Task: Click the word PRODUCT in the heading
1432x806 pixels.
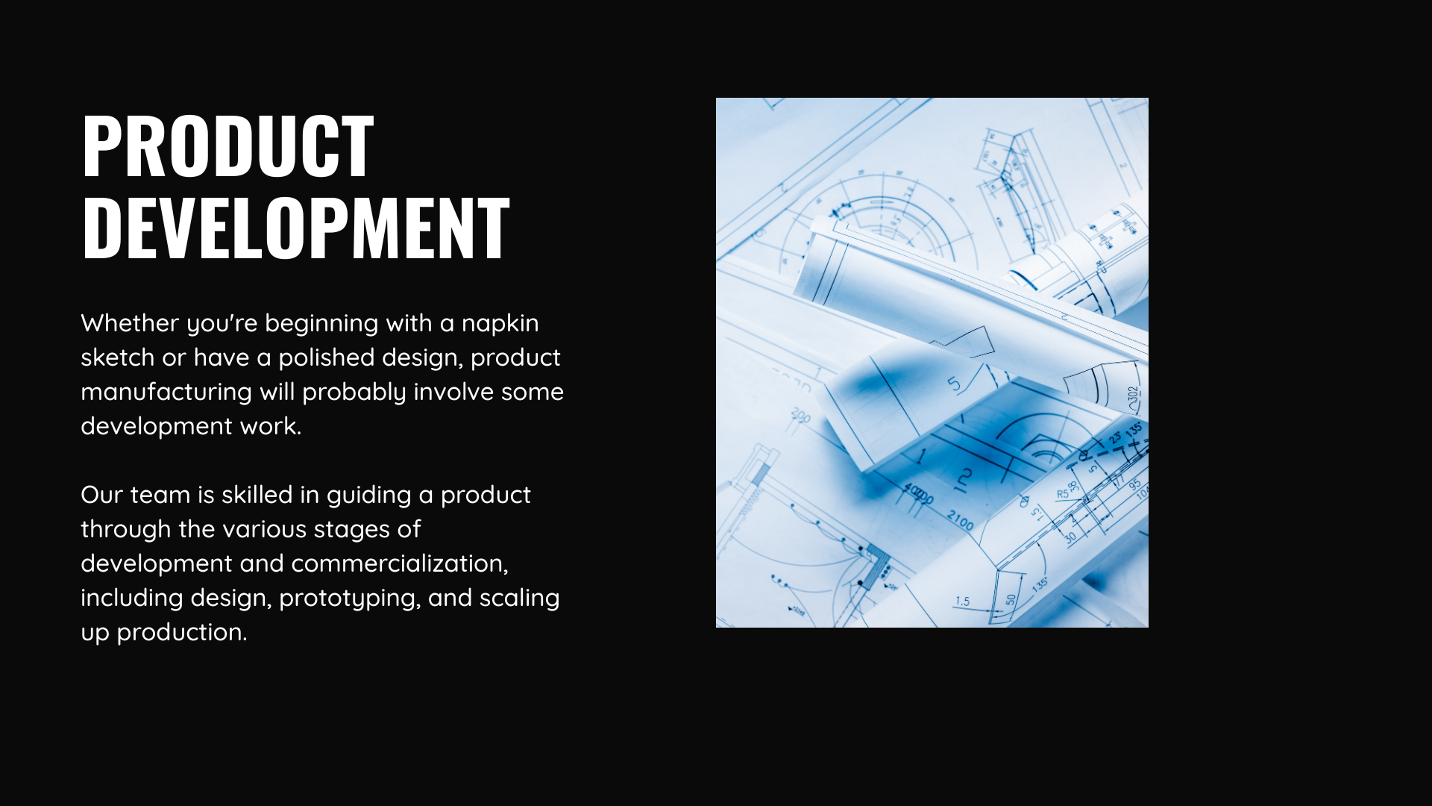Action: click(227, 146)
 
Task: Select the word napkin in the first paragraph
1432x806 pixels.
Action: click(500, 324)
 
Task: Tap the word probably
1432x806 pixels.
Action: click(354, 393)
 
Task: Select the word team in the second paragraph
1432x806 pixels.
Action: click(160, 496)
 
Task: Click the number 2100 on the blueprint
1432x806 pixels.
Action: click(960, 520)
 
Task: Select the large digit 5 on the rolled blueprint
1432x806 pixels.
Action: click(955, 384)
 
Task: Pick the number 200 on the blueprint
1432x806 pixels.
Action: click(800, 416)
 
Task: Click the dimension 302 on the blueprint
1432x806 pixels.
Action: click(1134, 399)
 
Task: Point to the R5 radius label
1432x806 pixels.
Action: click(1063, 494)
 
